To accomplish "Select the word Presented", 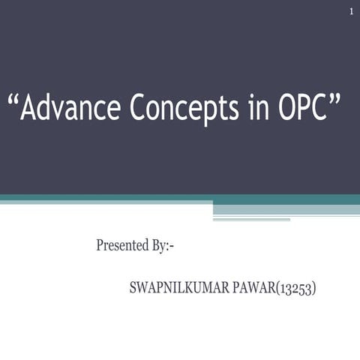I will pos(124,245).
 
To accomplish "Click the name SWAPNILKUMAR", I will pos(176,288).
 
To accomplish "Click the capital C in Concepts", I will pos(139,109).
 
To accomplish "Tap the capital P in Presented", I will pos(100,245).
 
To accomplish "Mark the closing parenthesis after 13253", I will pos(313,289).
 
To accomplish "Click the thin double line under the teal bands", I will pos(251,220).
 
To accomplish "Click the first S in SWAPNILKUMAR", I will pos(134,288).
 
